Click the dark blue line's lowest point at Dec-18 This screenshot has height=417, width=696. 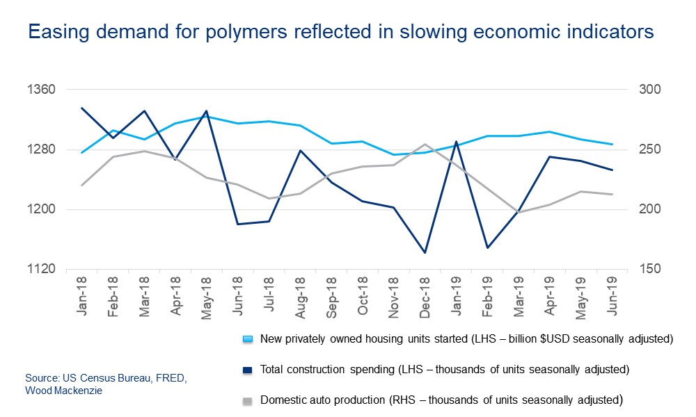coord(425,252)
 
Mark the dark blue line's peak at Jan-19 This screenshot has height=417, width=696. coord(456,142)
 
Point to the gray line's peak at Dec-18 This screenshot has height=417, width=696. coord(425,145)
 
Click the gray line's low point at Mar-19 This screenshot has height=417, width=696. coord(517,212)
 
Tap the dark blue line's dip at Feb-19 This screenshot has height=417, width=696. coord(487,247)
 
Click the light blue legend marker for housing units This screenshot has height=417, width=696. coord(246,340)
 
